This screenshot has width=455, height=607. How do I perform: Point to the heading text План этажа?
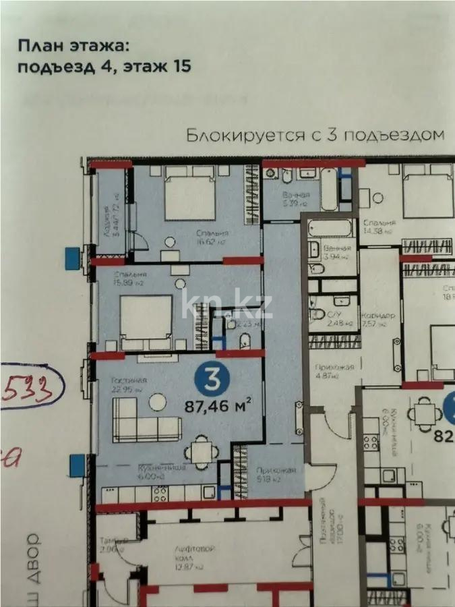71,47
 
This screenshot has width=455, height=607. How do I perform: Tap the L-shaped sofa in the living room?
146,419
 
